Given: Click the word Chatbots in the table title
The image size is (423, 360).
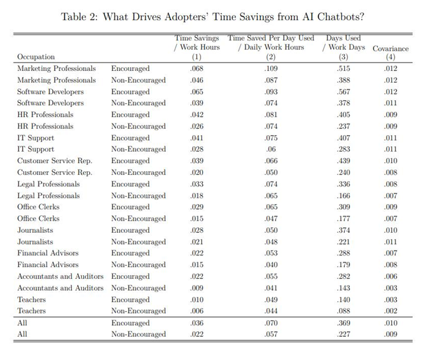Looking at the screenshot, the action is coord(340,17).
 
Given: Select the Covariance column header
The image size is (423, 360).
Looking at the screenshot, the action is coord(391,48).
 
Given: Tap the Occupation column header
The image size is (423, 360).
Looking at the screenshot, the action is coord(36,57).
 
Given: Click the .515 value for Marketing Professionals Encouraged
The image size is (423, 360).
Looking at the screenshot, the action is coord(343,68).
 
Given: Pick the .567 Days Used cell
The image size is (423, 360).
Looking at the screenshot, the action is coord(343,92).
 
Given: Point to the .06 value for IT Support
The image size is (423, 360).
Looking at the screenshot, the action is coord(271,149).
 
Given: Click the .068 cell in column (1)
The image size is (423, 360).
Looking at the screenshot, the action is coord(196,68).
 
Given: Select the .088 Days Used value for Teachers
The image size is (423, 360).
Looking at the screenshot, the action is coord(343,311).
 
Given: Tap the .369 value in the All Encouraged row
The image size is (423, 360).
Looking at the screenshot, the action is coord(343,323).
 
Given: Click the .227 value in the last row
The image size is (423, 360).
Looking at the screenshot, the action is coord(343,334).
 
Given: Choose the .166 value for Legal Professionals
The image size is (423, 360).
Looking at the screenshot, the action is coord(343,196).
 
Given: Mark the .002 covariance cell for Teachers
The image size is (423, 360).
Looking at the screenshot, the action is coord(391,311).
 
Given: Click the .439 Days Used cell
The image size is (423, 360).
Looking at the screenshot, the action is coord(343,161).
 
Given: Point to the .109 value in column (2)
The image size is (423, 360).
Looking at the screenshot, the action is coord(271,68).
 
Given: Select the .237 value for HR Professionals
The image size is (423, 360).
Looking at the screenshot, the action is coord(343,126).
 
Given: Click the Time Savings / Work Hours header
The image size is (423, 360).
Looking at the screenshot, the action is coord(197,43).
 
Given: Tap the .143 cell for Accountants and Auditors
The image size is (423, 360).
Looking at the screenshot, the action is coord(343,288).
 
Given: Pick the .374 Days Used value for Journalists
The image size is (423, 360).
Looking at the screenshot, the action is coord(343,230).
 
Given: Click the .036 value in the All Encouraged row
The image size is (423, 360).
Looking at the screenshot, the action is coord(196,323).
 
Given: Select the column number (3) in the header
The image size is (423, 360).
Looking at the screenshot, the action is coord(343,57).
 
